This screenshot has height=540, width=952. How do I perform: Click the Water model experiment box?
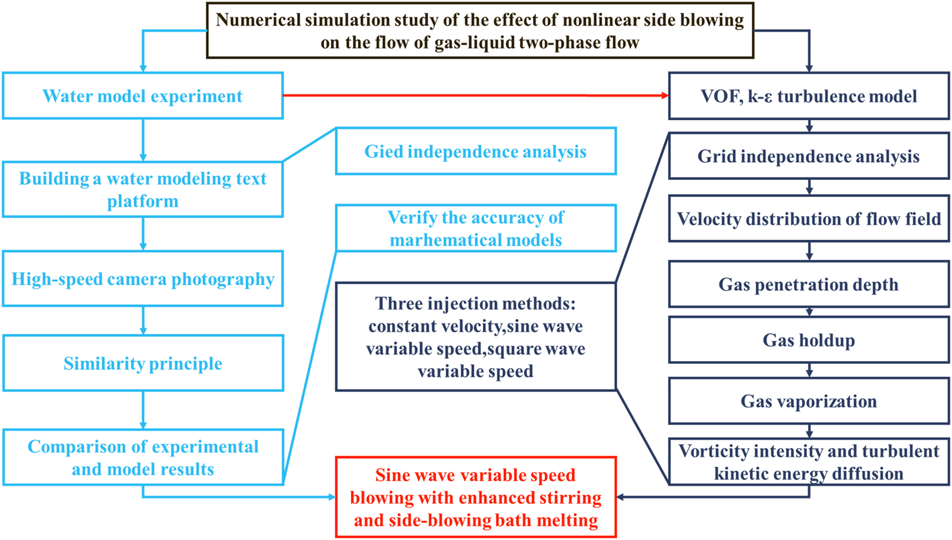(x=143, y=96)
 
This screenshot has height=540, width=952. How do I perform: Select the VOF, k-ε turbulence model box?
(x=808, y=96)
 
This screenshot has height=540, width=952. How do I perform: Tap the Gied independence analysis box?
(x=475, y=151)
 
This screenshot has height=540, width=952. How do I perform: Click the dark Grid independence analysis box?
(x=808, y=156)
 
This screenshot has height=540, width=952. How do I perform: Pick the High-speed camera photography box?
(x=143, y=279)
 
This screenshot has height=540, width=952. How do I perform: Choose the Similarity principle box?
(x=143, y=363)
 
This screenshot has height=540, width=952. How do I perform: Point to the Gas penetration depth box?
(x=808, y=284)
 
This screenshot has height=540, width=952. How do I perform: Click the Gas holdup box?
(x=808, y=340)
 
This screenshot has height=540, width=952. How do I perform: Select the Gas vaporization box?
(x=808, y=401)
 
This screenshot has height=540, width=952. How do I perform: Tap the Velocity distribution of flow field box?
(x=808, y=219)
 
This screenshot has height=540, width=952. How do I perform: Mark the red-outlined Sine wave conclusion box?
(x=475, y=497)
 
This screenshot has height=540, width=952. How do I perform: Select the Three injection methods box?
(x=475, y=337)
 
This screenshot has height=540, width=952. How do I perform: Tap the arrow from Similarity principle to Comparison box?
(x=143, y=410)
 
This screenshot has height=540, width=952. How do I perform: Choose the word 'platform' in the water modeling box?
(x=143, y=201)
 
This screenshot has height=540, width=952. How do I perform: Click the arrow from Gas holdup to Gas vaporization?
(x=809, y=371)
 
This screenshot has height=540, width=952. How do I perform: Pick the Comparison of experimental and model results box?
(x=143, y=457)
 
